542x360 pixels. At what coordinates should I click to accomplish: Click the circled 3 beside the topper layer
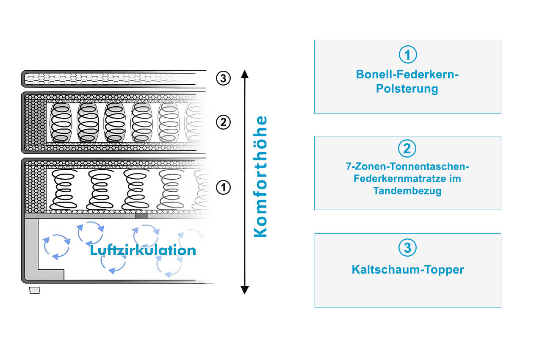pyautogui.click(x=223, y=78)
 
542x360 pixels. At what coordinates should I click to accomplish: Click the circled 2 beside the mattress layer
pyautogui.click(x=223, y=122)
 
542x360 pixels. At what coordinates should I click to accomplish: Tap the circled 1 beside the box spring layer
pyautogui.click(x=223, y=188)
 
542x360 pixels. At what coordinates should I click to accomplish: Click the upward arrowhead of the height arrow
pyautogui.click(x=245, y=74)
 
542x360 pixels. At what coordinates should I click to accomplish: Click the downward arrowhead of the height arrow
pyautogui.click(x=245, y=290)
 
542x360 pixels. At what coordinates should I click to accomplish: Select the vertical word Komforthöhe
pyautogui.click(x=260, y=177)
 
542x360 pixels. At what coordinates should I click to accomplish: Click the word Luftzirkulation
pyautogui.click(x=143, y=250)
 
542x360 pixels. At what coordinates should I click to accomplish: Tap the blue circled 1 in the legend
pyautogui.click(x=408, y=55)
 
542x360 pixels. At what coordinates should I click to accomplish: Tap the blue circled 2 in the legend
pyautogui.click(x=407, y=149)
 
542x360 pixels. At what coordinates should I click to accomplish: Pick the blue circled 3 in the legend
pyautogui.click(x=407, y=247)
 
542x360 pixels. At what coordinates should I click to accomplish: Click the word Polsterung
pyautogui.click(x=407, y=89)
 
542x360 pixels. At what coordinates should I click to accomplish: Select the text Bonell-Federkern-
pyautogui.click(x=407, y=74)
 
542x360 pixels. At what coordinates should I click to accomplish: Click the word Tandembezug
pyautogui.click(x=407, y=191)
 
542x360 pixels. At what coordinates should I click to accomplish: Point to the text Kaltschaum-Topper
pyautogui.click(x=408, y=270)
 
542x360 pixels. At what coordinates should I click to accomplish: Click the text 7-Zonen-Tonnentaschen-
pyautogui.click(x=407, y=166)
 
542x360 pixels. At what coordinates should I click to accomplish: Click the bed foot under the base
pyautogui.click(x=35, y=290)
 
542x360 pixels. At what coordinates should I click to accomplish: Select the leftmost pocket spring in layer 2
pyautogui.click(x=61, y=123)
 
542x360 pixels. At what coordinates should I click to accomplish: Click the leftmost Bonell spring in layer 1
pyautogui.click(x=64, y=189)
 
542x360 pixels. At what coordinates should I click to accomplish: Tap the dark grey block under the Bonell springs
pyautogui.click(x=141, y=216)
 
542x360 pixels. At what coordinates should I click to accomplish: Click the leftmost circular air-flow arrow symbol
pyautogui.click(x=57, y=247)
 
